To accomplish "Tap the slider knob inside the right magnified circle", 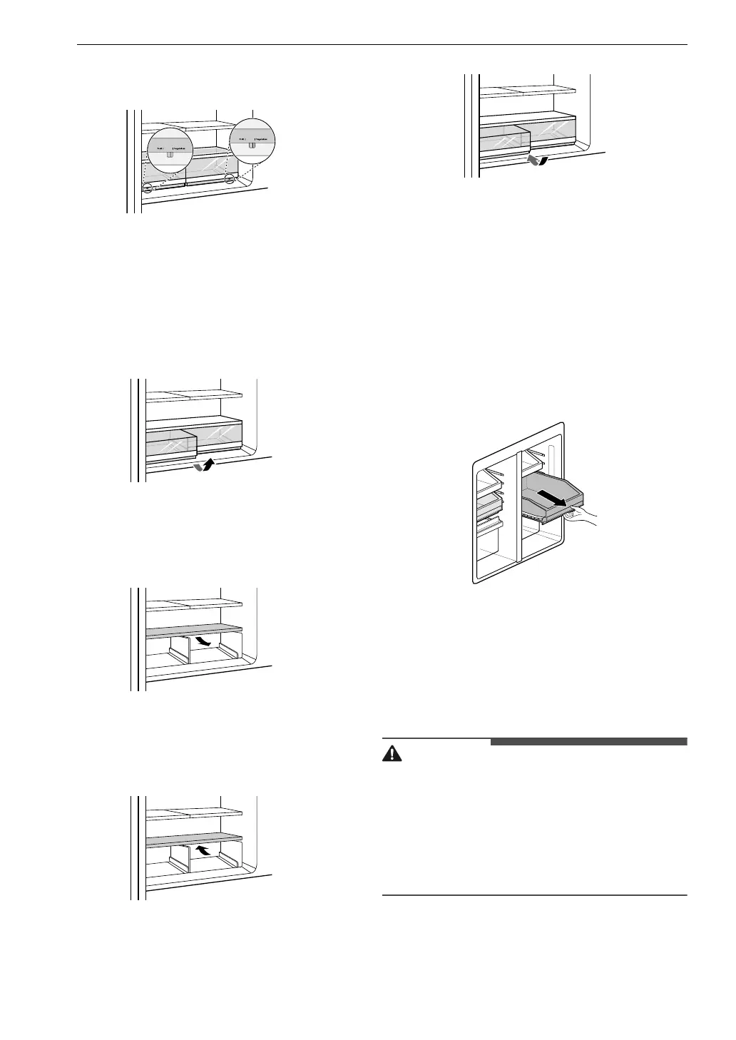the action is point(252,145).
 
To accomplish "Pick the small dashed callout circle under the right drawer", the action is point(230,180).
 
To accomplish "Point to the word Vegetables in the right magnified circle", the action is point(261,139).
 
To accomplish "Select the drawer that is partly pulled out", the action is point(171,445).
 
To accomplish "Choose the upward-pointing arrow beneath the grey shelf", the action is point(205,850).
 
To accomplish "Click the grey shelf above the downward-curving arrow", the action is point(193,631).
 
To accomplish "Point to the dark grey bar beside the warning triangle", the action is point(588,742).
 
